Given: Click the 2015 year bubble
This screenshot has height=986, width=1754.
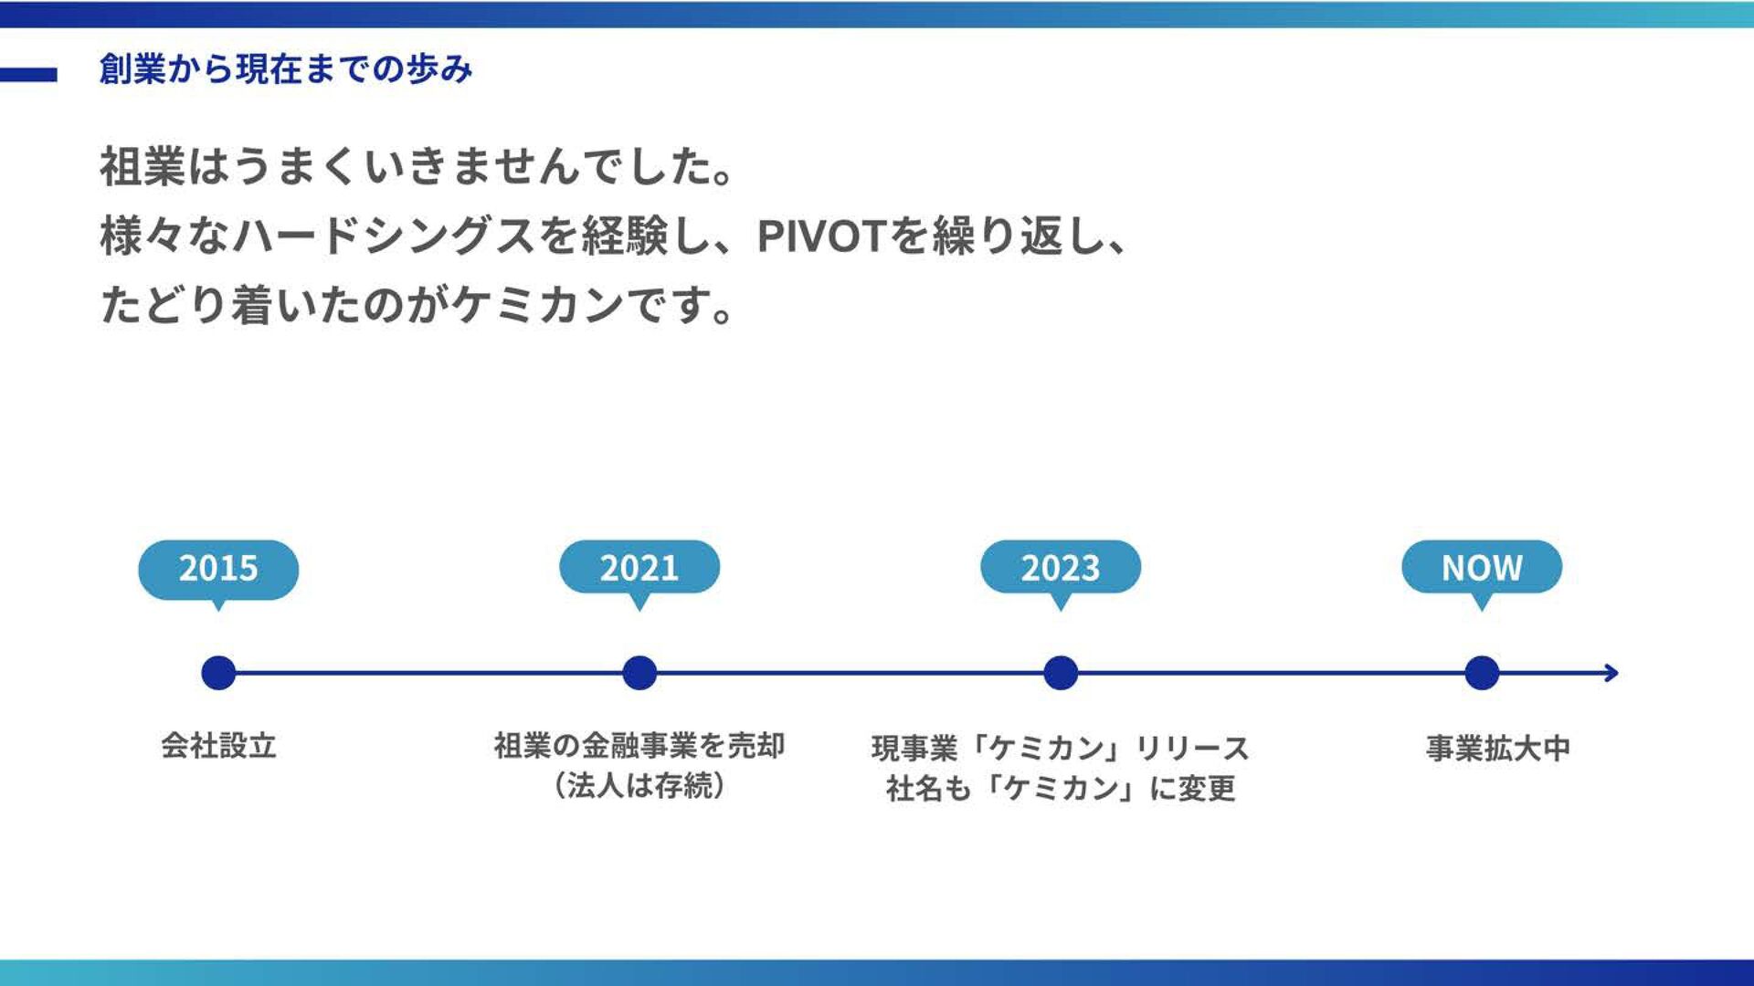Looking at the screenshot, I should pos(218,569).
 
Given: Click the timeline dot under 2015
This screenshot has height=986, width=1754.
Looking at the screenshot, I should pos(218,673).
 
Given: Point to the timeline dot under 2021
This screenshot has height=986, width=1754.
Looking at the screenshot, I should pos(639,673).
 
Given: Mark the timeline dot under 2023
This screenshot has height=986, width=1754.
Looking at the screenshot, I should pos(1061,673).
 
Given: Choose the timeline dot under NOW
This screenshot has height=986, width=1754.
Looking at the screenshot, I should pos(1482,673).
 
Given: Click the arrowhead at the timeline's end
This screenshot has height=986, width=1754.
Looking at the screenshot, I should pos(1611,673).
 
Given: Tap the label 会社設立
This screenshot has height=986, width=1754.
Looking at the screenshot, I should pos(218,746).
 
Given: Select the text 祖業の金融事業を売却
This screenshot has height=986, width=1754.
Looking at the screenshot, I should pos(639,746).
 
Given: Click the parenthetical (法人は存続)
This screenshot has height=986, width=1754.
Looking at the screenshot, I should pos(639,785).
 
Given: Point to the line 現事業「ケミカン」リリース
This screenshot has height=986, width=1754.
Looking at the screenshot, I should pos(1061,749).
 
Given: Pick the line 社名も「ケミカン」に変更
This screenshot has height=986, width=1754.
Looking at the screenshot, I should pos(1061,788).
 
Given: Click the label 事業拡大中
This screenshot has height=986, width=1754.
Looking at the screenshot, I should pos(1498,749).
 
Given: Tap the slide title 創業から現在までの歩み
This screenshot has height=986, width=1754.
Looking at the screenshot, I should pos(286,69).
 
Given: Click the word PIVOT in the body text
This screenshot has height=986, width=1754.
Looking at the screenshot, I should pos(821,236).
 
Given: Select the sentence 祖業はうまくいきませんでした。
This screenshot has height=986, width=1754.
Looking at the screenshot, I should pos(417,167).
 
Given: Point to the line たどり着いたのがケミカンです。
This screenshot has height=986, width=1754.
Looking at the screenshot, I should pos(417,305).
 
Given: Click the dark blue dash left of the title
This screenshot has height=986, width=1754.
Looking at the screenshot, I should pos(28,75).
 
